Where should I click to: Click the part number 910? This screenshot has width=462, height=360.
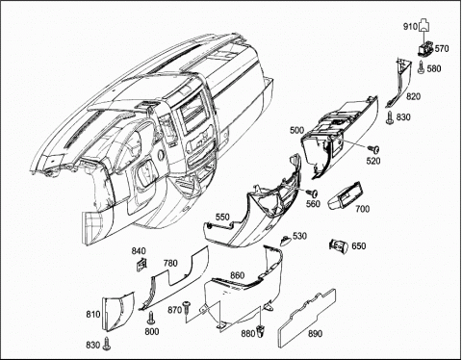pos(410,27)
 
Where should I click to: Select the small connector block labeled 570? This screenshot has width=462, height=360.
pos(425,48)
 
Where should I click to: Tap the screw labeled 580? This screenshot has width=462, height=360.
pos(422,67)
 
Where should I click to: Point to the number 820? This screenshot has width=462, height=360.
pos(413,96)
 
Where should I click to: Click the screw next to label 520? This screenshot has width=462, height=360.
pos(373,149)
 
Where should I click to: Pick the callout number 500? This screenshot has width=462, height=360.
pos(296,130)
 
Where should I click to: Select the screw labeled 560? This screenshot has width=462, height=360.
pos(312,193)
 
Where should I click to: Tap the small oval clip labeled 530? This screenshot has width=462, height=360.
pos(286,240)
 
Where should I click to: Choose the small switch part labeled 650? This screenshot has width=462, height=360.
pos(339,246)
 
